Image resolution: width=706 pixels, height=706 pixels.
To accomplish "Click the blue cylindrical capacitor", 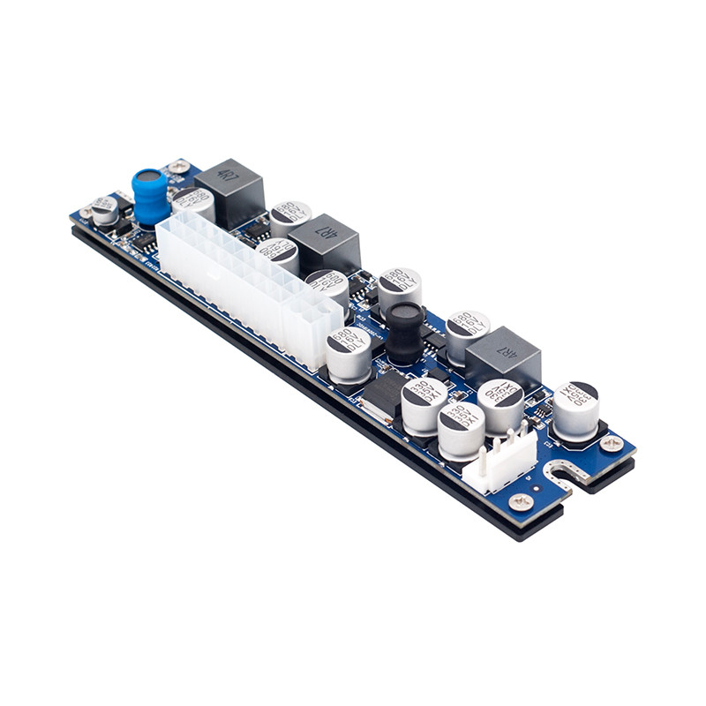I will [150, 196].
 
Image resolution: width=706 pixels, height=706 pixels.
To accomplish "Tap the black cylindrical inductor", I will [404, 332].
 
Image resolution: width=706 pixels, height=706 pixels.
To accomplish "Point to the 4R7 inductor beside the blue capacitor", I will [230, 192].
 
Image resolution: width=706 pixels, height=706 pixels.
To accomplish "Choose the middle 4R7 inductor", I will [326, 242].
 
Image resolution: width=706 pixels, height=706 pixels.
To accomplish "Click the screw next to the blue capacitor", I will [179, 165].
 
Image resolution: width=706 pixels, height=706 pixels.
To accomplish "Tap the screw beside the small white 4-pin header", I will [522, 501].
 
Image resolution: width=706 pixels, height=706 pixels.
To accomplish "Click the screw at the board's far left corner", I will [86, 212].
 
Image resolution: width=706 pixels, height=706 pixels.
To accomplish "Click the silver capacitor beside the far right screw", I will [575, 410].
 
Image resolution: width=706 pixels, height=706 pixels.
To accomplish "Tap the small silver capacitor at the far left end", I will [105, 209].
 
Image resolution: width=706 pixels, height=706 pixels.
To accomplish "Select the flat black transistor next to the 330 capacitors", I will [382, 392].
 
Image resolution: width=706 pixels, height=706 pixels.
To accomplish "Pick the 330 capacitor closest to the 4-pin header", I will [461, 429].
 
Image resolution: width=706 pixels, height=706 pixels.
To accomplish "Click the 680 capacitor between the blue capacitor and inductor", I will [193, 202].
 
